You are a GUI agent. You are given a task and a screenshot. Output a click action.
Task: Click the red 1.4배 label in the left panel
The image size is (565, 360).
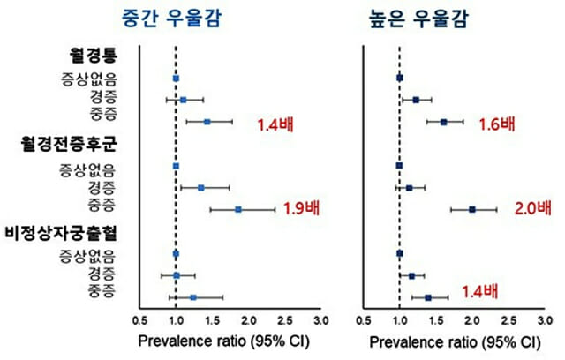(274, 124)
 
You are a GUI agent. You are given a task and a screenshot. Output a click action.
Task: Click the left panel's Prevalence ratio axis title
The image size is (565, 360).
(230, 341)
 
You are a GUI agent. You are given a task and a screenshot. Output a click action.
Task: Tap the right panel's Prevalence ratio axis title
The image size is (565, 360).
(454, 341)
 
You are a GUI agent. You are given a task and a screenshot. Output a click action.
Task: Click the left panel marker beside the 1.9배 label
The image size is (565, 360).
(238, 209)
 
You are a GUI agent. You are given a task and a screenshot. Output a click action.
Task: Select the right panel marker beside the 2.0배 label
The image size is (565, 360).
(472, 209)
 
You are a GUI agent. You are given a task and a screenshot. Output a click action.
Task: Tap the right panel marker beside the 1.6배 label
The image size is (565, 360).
(443, 122)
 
